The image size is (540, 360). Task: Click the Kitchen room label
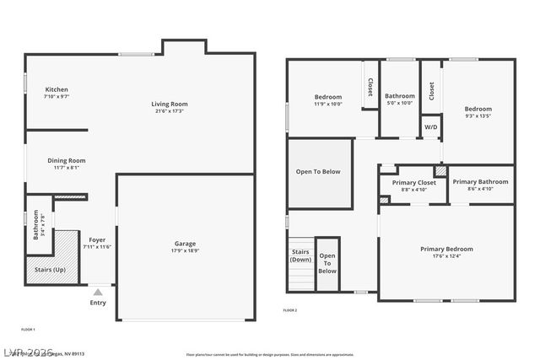57,89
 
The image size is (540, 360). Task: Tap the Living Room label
170,104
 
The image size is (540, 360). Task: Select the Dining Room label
66,160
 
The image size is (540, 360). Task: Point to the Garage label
185,244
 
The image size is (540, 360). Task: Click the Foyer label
97,239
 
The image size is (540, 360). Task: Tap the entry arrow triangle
98,292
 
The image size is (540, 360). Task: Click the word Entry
98,303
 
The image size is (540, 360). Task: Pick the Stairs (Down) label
300,255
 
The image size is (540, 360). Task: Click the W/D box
430,127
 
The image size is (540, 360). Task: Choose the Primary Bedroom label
446,249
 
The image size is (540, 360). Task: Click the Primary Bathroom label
480,181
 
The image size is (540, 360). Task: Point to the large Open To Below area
318,172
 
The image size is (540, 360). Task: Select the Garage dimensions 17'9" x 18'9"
185,251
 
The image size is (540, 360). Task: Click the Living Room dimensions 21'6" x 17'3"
170,111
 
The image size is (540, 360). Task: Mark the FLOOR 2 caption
289,311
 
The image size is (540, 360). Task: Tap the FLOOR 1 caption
28,329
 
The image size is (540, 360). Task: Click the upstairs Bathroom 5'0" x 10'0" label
399,99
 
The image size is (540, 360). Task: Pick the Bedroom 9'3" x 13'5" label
478,112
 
